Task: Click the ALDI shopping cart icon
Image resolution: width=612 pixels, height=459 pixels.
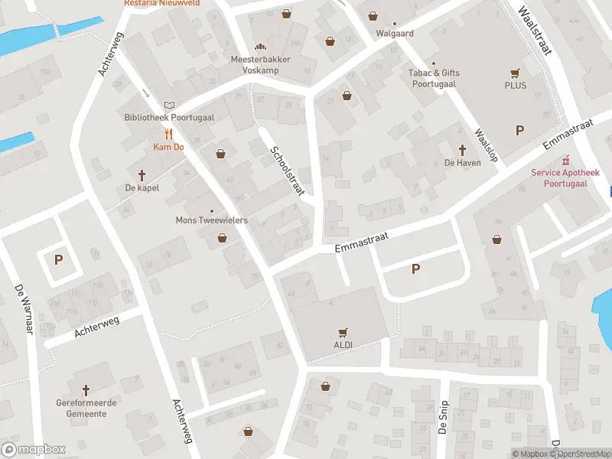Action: (343, 333)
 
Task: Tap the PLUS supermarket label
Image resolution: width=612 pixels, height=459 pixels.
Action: (515, 85)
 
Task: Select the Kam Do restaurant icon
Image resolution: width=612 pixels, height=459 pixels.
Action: (168, 133)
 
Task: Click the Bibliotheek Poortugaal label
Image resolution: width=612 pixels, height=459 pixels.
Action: (169, 118)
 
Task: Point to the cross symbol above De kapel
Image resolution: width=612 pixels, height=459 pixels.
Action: (142, 175)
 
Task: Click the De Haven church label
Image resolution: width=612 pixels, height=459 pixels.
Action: (462, 162)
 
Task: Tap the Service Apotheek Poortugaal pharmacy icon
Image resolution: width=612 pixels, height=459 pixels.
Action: (566, 161)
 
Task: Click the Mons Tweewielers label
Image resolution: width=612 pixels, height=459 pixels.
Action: (212, 220)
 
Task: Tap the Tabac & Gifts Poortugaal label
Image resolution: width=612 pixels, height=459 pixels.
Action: (434, 78)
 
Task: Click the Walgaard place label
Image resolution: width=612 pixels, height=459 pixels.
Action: (395, 34)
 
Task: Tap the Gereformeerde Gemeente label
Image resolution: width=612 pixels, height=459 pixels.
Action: (81, 408)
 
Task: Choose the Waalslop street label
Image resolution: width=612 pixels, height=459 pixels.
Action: (486, 145)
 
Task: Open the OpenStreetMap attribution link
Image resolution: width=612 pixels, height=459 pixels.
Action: (585, 454)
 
